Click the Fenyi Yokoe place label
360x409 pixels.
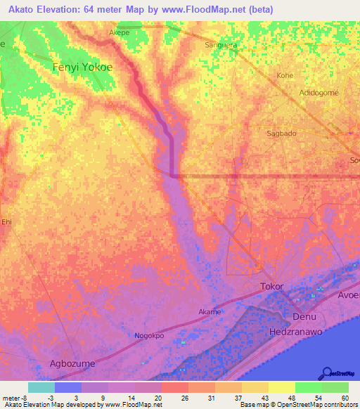tap(82, 67)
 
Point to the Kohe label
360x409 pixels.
tap(285, 75)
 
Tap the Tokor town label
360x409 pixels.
tap(272, 287)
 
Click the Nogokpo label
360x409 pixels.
tap(150, 336)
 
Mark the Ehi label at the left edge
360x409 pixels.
tap(7, 222)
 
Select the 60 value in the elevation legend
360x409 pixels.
tap(344, 398)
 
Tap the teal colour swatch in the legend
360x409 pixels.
tap(41, 387)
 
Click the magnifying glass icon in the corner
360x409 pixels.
tap(327, 373)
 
